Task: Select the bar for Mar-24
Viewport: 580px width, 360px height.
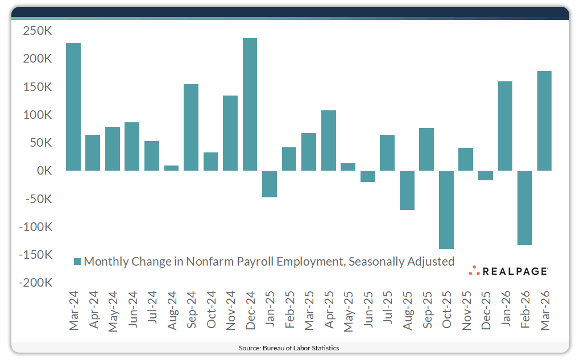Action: (73, 107)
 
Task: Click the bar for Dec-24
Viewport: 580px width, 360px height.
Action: (250, 105)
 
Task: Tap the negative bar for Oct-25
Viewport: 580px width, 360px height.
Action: (446, 210)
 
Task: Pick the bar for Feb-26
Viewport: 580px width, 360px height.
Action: (524, 208)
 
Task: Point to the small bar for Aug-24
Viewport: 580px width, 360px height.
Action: (171, 168)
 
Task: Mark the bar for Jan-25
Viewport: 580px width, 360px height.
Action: (270, 184)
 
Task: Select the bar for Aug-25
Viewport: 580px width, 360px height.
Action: (407, 190)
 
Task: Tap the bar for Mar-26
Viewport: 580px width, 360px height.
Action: (544, 121)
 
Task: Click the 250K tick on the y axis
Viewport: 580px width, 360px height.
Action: (37, 31)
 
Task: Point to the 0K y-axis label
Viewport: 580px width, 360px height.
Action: (44, 171)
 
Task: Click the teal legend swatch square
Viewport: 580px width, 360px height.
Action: (78, 262)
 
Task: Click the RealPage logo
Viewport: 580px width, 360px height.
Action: (508, 271)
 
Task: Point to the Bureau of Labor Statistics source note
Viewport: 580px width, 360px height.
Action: (290, 347)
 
